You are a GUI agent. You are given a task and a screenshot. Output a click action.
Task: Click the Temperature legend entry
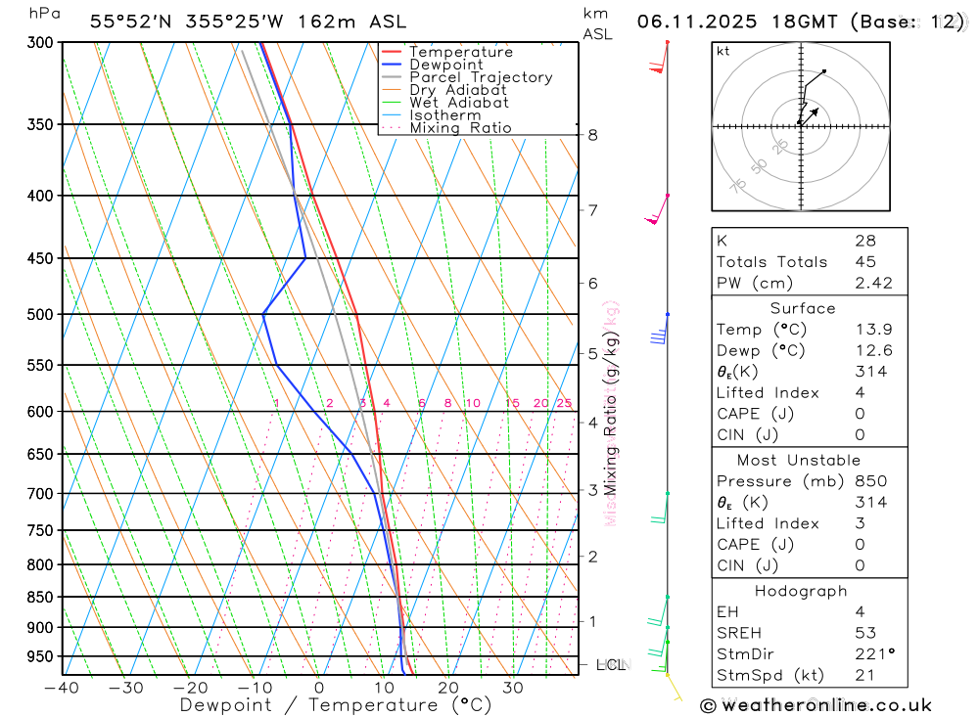pos(460,52)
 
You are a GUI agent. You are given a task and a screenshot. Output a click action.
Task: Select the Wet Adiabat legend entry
pos(458,103)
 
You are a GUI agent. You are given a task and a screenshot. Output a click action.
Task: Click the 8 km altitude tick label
pos(592,135)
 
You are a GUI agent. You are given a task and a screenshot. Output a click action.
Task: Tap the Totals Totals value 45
pos(865,262)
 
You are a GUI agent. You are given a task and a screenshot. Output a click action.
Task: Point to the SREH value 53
pos(865,633)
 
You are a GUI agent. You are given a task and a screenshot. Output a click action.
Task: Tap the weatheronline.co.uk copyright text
pos(816,705)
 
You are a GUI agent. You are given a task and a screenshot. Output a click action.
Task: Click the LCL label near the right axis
pos(610,665)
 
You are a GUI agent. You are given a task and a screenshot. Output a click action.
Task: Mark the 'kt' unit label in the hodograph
pos(723,51)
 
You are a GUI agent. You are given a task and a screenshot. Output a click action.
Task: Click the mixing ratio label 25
pos(564,403)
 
